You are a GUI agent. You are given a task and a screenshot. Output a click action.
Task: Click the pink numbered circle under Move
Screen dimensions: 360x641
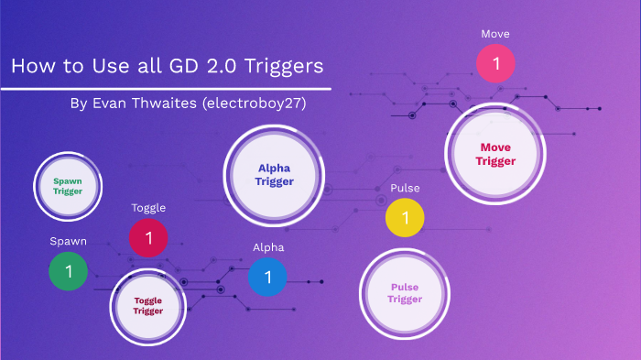[x=495, y=65]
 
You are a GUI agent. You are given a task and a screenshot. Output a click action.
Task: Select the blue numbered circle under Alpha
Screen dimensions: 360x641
[x=267, y=277]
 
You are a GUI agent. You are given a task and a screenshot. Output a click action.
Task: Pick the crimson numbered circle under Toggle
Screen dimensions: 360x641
[x=148, y=238]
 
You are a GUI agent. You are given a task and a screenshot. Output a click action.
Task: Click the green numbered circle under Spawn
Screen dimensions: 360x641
[x=68, y=271]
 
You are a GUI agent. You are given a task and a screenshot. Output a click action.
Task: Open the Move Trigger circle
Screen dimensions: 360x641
[x=495, y=154]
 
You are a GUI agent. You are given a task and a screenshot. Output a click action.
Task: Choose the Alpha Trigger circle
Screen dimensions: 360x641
[x=275, y=174]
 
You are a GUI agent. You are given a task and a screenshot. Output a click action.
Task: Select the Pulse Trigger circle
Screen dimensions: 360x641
[x=404, y=293]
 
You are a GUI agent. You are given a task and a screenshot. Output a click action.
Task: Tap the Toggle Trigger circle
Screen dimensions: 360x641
[x=148, y=305]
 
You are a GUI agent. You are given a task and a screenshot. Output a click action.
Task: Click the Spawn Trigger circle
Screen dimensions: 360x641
[x=68, y=187]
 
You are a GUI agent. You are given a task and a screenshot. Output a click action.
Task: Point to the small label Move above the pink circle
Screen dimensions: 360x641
[x=495, y=34]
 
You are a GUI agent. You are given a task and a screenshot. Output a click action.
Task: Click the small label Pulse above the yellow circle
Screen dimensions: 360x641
[x=405, y=188]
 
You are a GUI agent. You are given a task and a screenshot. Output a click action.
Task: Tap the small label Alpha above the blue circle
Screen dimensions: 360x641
[x=268, y=247]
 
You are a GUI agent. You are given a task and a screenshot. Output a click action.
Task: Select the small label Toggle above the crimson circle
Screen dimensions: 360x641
[x=148, y=208]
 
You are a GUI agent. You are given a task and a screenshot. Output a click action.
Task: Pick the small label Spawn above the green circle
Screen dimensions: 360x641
[x=69, y=241]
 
